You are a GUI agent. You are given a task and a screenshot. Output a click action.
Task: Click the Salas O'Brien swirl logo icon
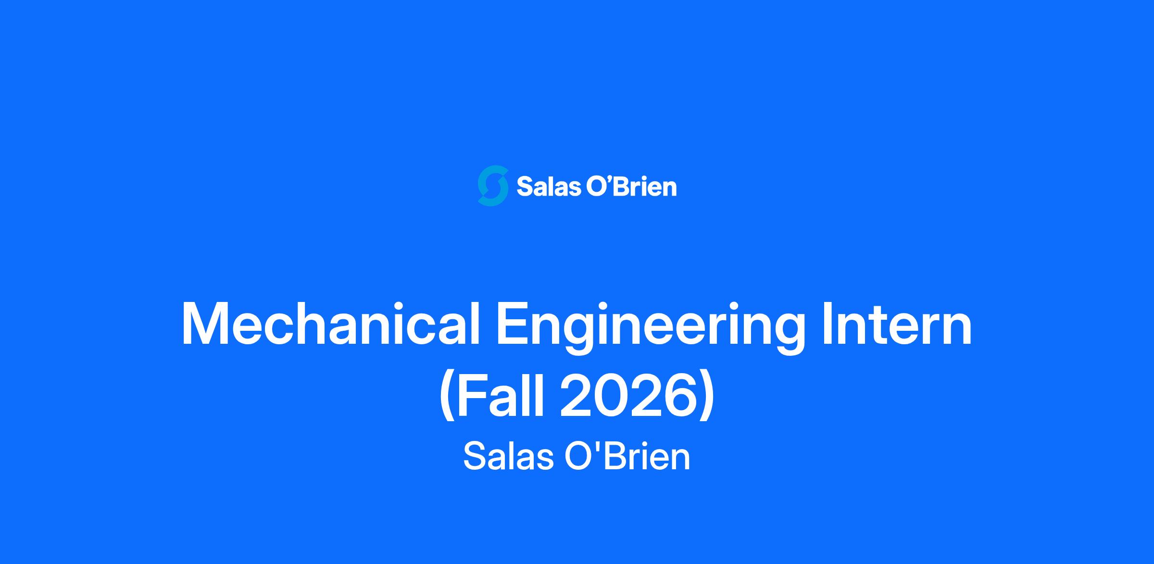493,186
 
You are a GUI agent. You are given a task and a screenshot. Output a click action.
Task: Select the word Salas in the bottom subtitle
508,456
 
